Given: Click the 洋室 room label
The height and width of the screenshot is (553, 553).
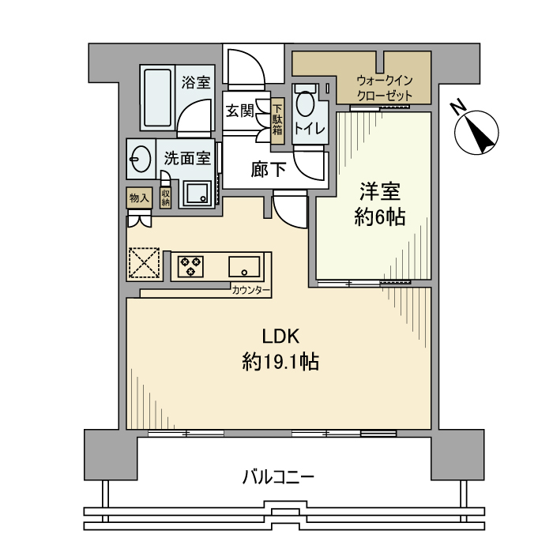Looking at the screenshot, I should (381, 192).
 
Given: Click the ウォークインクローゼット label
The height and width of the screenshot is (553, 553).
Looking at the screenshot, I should (385, 88).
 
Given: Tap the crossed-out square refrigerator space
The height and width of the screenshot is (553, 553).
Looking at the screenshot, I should (144, 263).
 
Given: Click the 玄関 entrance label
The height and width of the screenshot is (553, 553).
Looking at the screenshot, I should (240, 111).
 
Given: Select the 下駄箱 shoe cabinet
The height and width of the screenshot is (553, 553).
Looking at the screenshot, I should (277, 121).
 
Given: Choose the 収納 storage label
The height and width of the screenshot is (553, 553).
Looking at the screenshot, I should (166, 197).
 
